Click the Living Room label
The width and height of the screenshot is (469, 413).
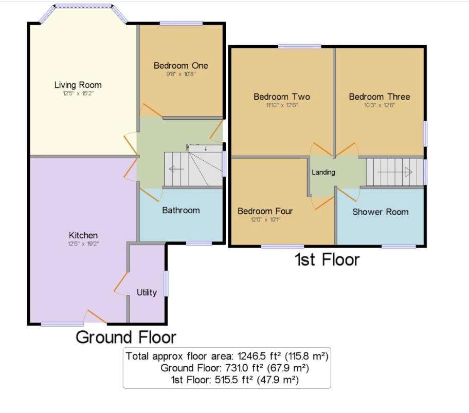[x=78, y=85]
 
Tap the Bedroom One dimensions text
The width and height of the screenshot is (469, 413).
[x=181, y=74]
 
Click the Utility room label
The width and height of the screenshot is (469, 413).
[x=147, y=292]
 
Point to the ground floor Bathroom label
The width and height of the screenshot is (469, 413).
[x=181, y=210]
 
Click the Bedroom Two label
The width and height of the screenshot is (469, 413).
[x=282, y=97]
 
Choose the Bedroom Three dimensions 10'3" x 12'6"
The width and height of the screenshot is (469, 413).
[x=379, y=105]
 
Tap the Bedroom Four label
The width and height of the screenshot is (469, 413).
[x=265, y=211]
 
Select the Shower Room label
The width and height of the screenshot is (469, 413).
[x=380, y=212]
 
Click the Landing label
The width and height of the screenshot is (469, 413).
[x=323, y=172]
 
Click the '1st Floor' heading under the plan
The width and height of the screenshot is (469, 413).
[x=327, y=260]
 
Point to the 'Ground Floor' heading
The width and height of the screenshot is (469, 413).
[x=126, y=337]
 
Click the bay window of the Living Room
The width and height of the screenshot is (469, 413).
[x=83, y=7]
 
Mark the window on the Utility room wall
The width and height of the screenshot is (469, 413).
[x=166, y=283]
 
